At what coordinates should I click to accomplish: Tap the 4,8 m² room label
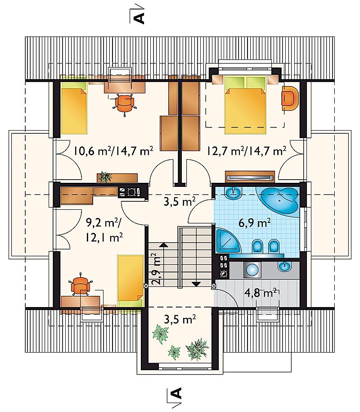[261, 293]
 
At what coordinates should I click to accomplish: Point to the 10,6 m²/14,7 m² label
[113, 151]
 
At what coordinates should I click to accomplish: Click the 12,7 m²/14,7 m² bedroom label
[247, 151]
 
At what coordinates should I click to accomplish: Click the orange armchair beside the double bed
[290, 98]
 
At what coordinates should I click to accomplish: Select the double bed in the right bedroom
[245, 105]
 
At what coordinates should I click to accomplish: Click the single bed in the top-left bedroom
[74, 108]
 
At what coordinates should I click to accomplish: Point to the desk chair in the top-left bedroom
[125, 104]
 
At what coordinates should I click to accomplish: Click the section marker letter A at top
[139, 18]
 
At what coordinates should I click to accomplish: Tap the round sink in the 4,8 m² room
[252, 270]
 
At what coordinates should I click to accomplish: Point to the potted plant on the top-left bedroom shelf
[104, 177]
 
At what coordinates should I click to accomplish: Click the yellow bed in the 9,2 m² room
[130, 281]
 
